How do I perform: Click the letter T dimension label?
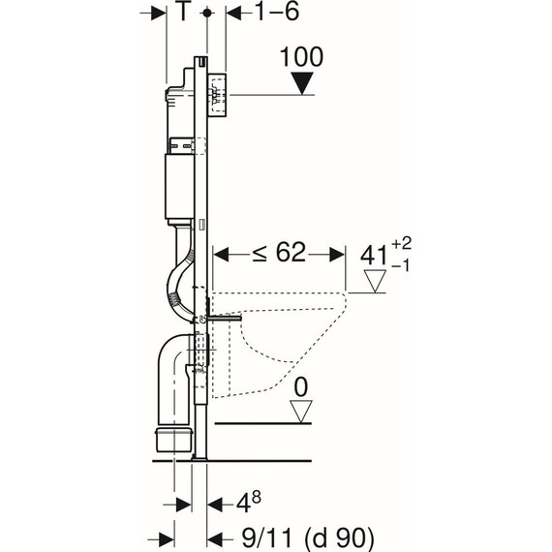pyautogui.click(x=183, y=11)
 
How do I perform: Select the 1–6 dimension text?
pyautogui.click(x=277, y=12)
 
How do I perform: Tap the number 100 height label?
pyautogui.click(x=302, y=57)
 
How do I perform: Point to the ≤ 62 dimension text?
pyautogui.click(x=279, y=253)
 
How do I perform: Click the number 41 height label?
pyautogui.click(x=373, y=255)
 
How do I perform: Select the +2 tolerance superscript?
pyautogui.click(x=401, y=243)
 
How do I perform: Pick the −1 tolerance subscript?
pyautogui.click(x=401, y=265)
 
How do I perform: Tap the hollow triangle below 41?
pyautogui.click(x=376, y=281)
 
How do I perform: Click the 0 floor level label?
pyautogui.click(x=300, y=387)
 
